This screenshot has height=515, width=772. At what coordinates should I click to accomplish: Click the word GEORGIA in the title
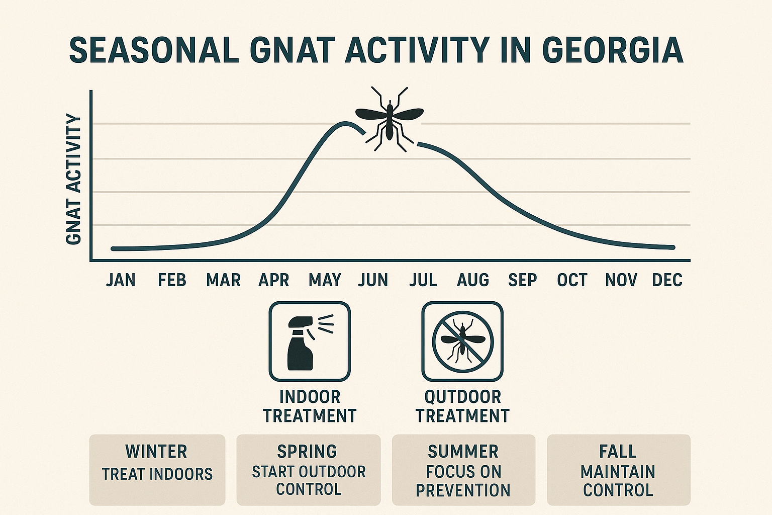[x=613, y=50]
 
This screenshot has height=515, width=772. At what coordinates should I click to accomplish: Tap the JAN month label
[x=121, y=280]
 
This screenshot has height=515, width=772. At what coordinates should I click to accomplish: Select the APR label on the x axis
[x=273, y=280]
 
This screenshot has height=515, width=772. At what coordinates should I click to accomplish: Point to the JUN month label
[x=373, y=280]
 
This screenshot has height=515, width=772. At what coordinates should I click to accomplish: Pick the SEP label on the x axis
[x=522, y=280]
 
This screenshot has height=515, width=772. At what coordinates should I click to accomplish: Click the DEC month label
[x=667, y=280]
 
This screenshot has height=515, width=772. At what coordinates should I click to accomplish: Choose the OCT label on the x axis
[x=572, y=280]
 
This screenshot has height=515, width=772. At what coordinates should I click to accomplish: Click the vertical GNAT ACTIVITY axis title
[x=74, y=180]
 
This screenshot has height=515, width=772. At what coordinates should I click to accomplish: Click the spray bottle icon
[x=309, y=341]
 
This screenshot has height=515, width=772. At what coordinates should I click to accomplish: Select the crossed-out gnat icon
[x=462, y=341]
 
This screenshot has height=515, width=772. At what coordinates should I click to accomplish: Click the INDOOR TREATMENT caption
[x=310, y=406]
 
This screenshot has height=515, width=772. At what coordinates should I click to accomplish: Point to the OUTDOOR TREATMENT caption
[x=462, y=406]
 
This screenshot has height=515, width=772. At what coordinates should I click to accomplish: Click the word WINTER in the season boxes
[x=156, y=452]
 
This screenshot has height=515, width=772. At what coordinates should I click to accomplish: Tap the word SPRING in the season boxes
[x=307, y=452]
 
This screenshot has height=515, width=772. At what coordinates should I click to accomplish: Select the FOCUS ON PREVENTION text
[x=463, y=481]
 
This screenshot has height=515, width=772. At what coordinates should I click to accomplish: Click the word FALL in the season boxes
[x=618, y=452]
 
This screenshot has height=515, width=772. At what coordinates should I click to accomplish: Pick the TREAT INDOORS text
[x=157, y=474]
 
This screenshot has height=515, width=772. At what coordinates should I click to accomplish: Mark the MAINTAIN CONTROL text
[x=618, y=481]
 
